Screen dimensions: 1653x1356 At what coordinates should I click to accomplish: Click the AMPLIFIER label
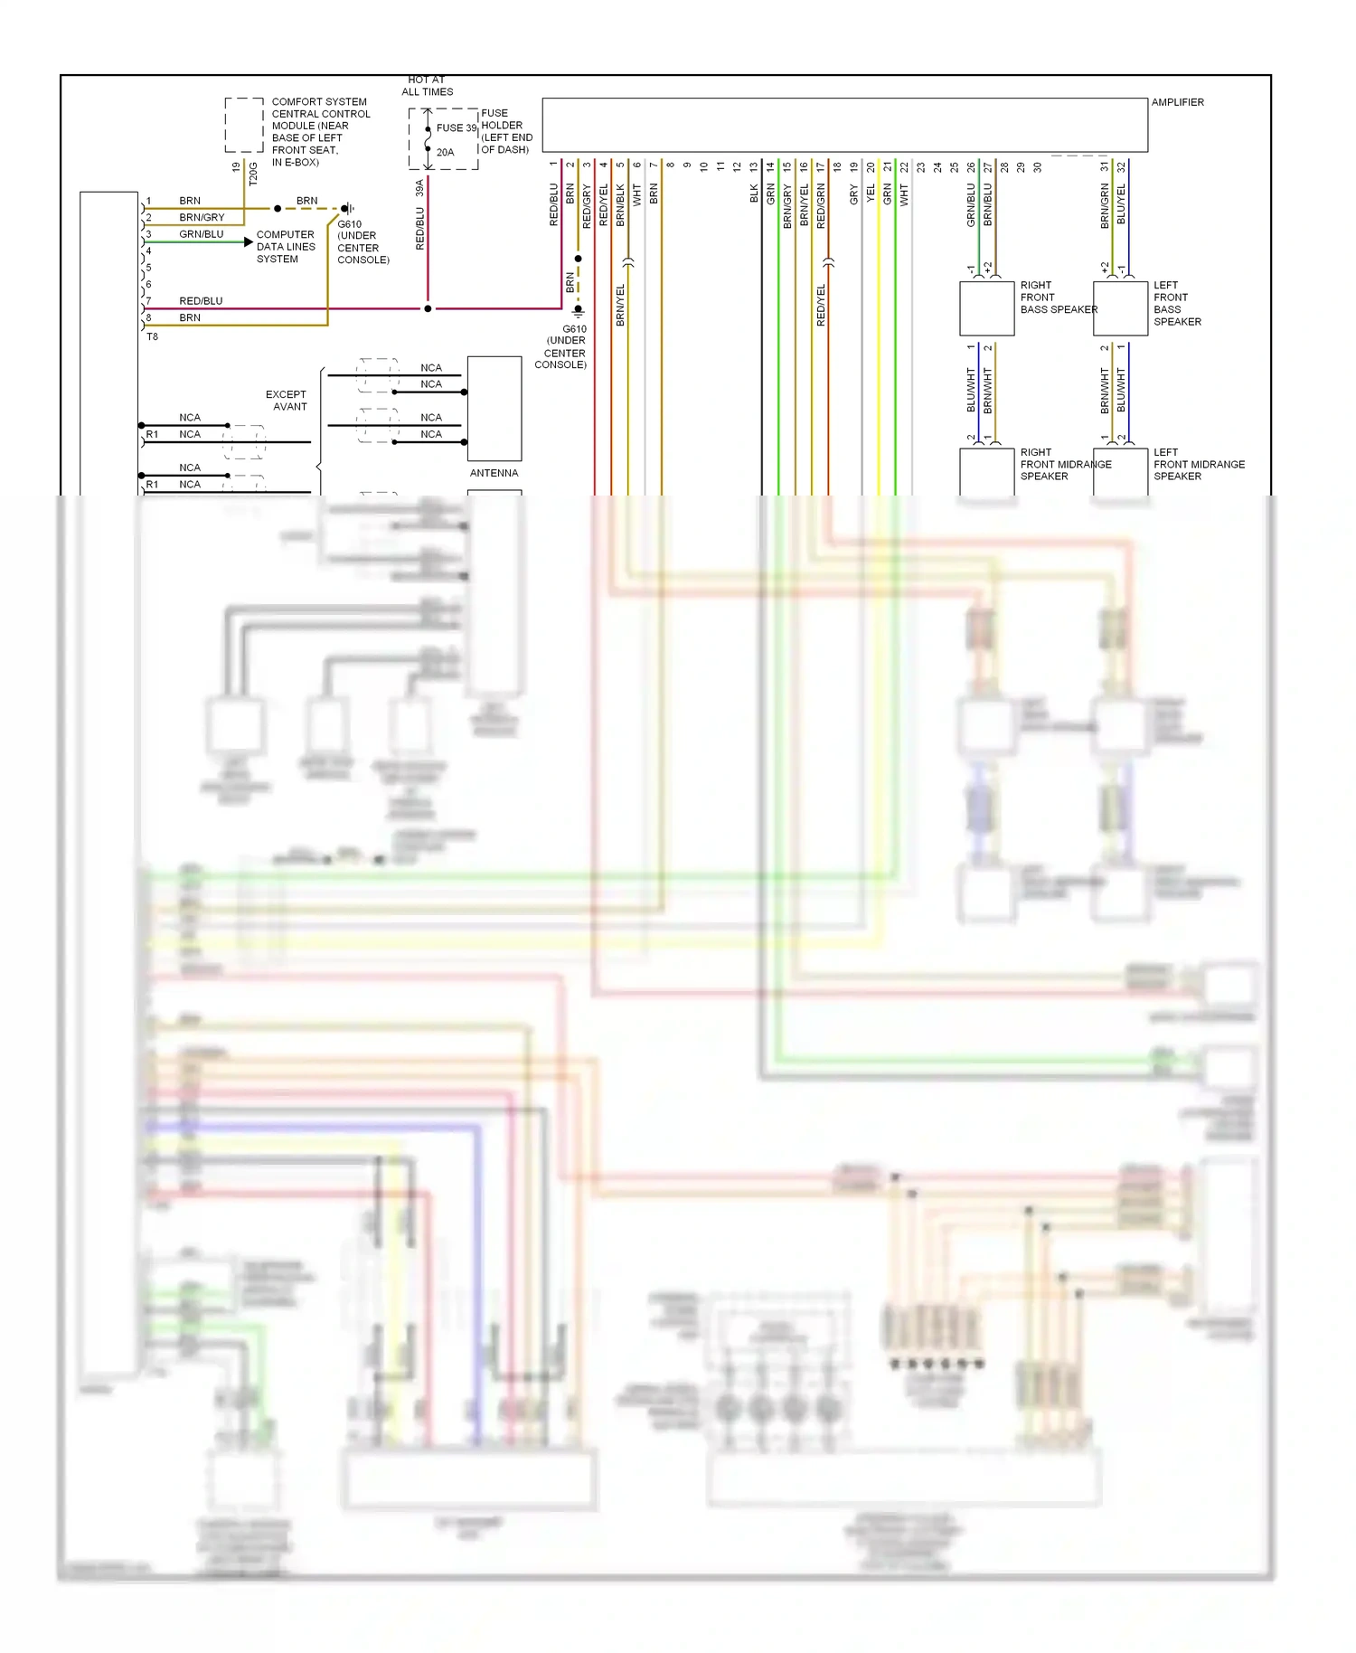point(1177,102)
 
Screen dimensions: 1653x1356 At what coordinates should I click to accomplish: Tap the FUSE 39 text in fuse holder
point(456,128)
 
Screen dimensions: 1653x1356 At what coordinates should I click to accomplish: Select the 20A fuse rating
point(445,152)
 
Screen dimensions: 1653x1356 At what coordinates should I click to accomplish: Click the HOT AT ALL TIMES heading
point(427,86)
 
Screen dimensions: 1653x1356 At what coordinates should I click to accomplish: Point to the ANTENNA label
point(494,473)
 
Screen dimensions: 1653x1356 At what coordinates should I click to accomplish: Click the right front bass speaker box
point(986,308)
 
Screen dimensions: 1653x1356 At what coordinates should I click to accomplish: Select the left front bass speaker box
point(1120,308)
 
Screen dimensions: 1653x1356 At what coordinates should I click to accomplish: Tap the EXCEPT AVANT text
point(287,401)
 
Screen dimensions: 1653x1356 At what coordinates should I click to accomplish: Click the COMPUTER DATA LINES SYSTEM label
point(286,247)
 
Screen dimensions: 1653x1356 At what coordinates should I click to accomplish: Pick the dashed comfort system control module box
point(244,125)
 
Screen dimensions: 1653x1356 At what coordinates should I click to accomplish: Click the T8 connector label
point(152,336)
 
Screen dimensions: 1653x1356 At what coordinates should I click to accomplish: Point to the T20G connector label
point(253,173)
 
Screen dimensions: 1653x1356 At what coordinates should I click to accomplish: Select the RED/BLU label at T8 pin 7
point(201,301)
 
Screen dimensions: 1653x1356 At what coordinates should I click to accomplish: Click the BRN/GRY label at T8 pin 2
point(202,217)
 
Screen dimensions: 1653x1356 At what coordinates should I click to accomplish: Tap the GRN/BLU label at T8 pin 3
point(201,234)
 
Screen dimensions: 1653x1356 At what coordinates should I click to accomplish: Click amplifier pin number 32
point(1121,167)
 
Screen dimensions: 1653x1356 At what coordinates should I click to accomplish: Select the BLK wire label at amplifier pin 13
point(754,194)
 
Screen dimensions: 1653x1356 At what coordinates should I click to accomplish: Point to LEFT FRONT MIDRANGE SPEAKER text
point(1198,464)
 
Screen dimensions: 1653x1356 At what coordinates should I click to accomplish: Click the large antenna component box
point(494,409)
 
